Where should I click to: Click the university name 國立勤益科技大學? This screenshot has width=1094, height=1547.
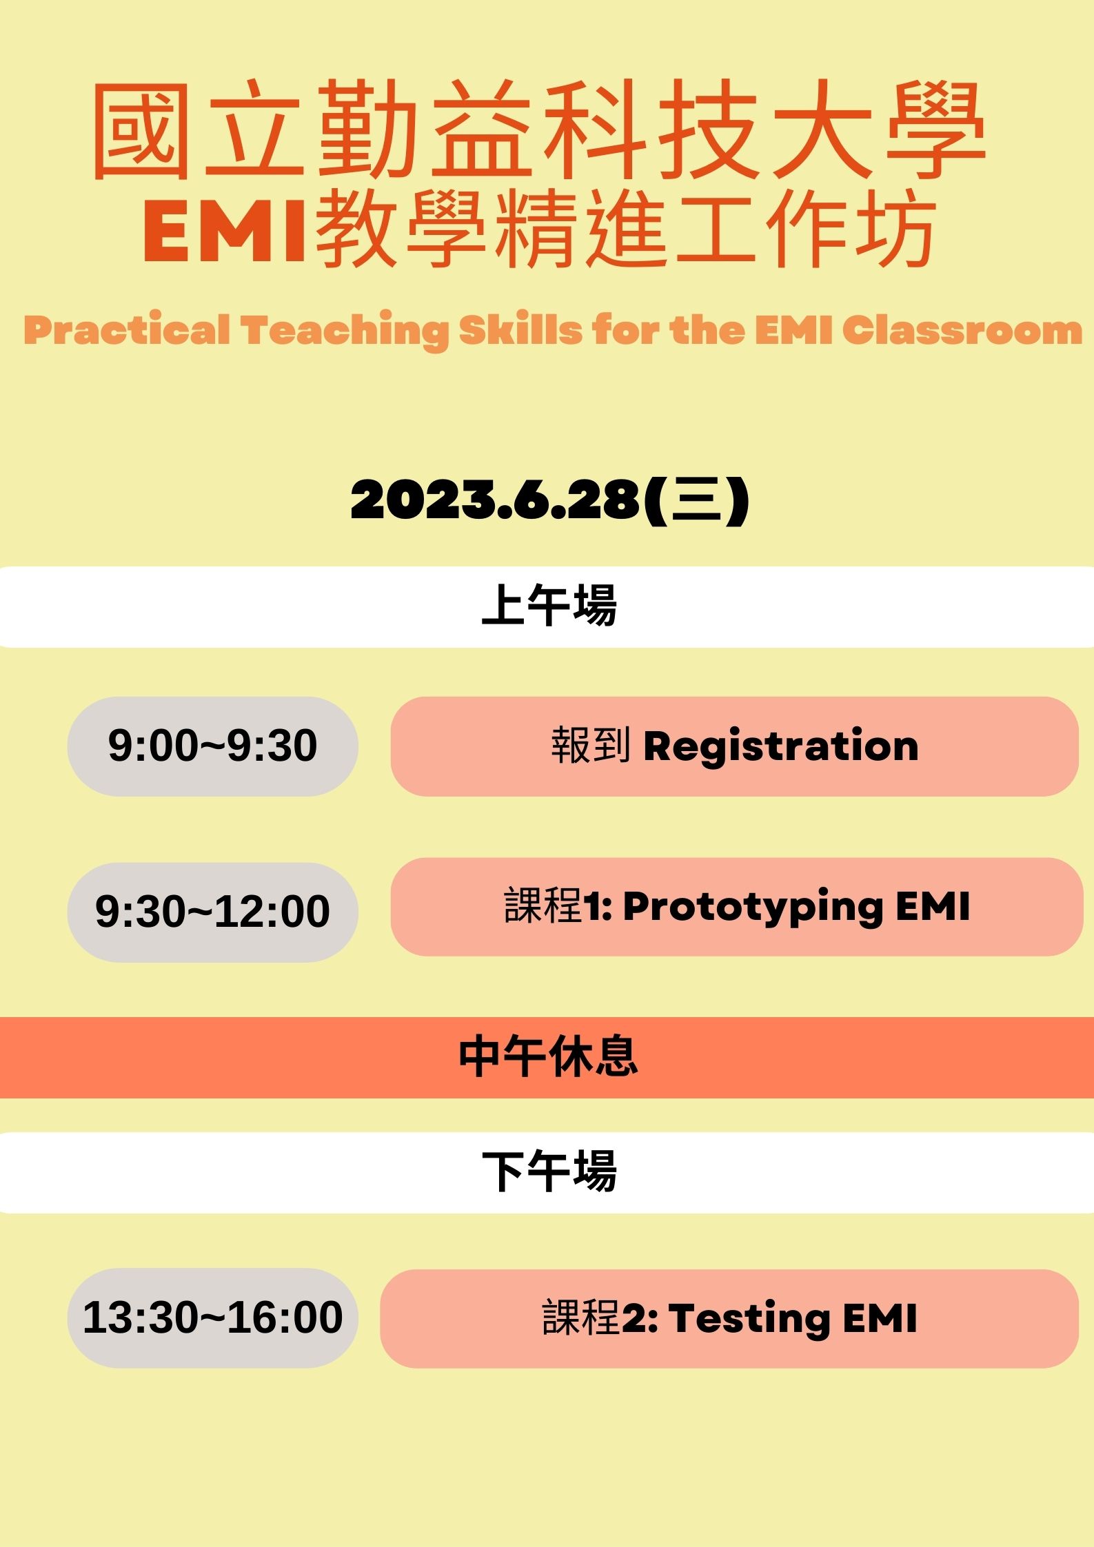(540, 130)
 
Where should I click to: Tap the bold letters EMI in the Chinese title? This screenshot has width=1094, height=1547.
(225, 232)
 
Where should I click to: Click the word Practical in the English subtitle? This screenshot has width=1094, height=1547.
(127, 329)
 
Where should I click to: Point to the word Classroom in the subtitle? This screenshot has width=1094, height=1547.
(962, 329)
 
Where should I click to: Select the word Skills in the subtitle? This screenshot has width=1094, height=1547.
(521, 329)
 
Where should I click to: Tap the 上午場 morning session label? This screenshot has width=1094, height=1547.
(549, 605)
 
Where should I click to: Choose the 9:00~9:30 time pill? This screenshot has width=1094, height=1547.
(212, 746)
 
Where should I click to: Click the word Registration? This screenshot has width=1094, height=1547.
(781, 746)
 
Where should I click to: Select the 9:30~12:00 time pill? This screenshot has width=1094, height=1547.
(212, 912)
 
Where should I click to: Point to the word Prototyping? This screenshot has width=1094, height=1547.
(753, 907)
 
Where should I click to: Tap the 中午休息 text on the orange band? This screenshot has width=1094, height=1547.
(549, 1056)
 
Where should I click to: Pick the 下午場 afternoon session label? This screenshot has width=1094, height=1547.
(549, 1171)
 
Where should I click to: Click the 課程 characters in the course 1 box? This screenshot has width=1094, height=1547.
(544, 905)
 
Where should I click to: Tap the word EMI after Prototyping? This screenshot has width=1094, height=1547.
(933, 905)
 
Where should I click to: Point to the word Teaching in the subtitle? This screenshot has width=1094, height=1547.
(345, 329)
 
